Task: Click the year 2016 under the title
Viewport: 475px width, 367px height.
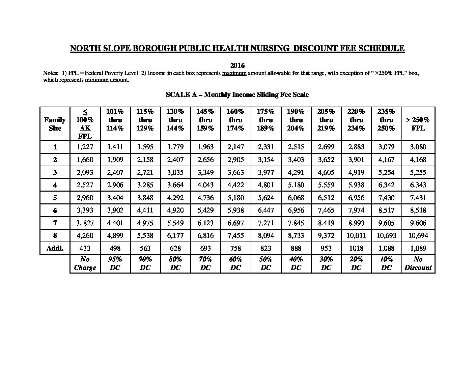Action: pos(237,65)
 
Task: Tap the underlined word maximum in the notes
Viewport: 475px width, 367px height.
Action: pos(234,73)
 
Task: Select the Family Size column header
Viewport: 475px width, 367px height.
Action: pos(55,124)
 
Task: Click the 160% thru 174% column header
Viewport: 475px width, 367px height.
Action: pos(235,120)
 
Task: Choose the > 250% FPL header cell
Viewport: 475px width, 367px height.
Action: pos(418,124)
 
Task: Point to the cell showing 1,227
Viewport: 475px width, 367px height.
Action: pos(85,147)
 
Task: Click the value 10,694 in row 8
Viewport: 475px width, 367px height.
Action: pos(418,235)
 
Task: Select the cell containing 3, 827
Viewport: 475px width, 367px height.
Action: pos(85,223)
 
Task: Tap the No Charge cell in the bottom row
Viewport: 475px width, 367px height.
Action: pos(85,263)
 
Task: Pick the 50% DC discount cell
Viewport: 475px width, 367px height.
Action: pos(266,263)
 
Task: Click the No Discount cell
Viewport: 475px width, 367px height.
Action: pos(418,263)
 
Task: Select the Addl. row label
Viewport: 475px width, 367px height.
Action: pos(55,248)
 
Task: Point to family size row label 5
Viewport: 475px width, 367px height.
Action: pos(55,198)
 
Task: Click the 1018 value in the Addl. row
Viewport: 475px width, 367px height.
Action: pos(356,248)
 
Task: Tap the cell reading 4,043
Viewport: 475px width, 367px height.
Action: pos(205,185)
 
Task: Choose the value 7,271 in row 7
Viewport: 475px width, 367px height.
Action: pos(266,223)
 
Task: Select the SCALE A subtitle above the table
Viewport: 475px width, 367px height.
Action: pos(237,95)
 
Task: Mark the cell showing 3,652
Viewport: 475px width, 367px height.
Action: pos(326,160)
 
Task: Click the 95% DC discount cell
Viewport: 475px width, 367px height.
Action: pos(115,263)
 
